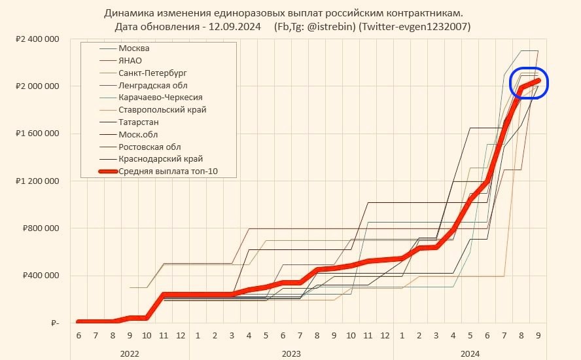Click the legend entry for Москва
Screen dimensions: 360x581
tap(133, 48)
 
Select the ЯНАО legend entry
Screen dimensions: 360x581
tap(130, 60)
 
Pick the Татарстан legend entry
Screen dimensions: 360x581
tap(139, 122)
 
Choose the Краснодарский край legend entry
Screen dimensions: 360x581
tap(160, 158)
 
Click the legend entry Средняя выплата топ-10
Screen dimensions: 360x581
tap(168, 171)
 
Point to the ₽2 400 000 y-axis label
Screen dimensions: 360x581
tap(37, 39)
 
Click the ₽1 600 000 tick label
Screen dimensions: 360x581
tap(37, 134)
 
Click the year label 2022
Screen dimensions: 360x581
tap(130, 353)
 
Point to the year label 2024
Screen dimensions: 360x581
tap(470, 353)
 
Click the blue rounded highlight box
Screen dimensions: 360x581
tap(529, 83)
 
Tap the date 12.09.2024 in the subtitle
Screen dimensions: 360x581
tap(237, 27)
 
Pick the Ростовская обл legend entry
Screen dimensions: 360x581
tap(150, 147)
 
